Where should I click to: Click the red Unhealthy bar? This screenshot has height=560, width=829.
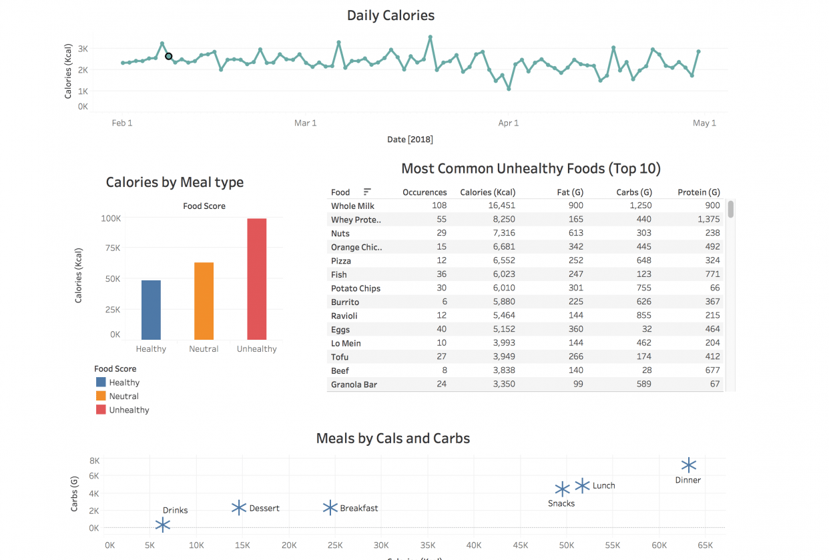pos(257,279)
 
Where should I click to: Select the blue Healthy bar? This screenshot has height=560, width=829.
pos(151,310)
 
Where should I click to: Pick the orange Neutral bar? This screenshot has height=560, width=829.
pos(204,301)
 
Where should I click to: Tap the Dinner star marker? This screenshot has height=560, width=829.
pos(689,466)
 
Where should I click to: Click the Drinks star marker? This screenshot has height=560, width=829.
pos(163,525)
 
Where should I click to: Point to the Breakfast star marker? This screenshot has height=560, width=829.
pos(330,508)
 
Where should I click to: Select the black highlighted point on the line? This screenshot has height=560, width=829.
pos(169,56)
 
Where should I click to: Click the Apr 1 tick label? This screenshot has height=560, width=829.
pos(508,123)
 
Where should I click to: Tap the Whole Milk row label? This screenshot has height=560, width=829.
pos(352,206)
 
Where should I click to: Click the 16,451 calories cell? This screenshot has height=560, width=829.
pos(497,206)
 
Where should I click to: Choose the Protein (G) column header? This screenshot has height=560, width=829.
pos(698,192)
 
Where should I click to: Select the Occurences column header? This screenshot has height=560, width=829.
pos(425,192)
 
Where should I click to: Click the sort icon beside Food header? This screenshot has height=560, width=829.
pos(367,192)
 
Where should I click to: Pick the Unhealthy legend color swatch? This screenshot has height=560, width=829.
pos(101,410)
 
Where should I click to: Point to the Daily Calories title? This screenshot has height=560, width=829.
pos(390,15)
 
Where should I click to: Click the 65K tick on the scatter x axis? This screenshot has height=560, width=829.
pos(705,545)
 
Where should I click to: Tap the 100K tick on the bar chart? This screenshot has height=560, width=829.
pos(111,218)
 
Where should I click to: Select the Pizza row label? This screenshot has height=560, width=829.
pos(341,261)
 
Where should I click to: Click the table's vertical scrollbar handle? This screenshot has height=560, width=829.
pos(731,209)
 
